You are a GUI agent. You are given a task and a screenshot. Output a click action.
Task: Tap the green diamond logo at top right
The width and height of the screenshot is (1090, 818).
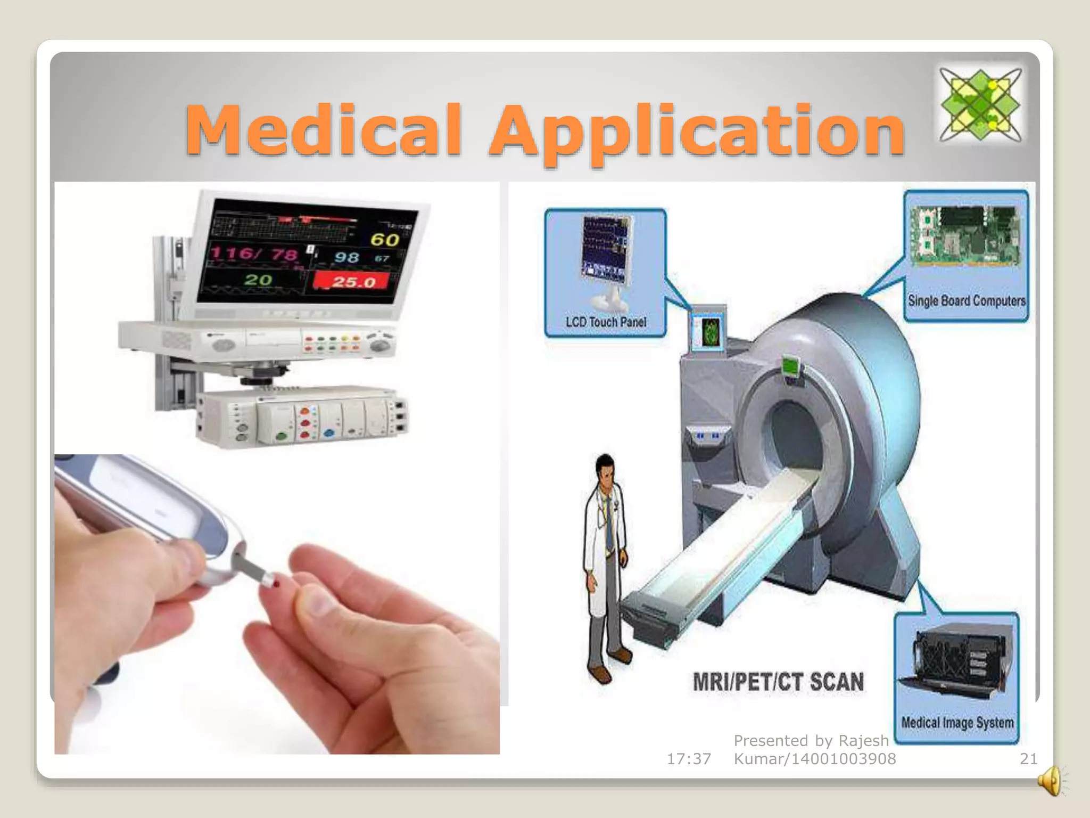(980, 104)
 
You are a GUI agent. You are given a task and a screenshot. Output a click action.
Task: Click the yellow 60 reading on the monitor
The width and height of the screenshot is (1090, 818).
(385, 240)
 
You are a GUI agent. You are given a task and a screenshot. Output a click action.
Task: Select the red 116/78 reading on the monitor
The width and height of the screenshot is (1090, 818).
(254, 252)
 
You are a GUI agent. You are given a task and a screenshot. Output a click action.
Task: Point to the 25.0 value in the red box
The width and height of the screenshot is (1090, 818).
(353, 282)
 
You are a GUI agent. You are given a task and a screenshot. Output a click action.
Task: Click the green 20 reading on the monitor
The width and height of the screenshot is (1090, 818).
(258, 280)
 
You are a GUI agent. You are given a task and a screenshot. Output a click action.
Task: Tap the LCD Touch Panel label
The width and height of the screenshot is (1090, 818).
(606, 322)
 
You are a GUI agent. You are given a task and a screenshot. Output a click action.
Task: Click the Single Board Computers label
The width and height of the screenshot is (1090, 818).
(966, 301)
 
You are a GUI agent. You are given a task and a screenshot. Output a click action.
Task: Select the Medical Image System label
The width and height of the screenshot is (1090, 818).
(957, 723)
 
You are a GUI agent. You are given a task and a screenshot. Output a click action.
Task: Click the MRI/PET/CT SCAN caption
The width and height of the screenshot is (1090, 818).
(778, 682)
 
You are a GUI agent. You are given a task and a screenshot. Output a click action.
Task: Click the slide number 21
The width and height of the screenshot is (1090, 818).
(1028, 759)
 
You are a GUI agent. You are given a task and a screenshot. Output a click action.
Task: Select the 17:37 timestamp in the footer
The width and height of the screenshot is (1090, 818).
(689, 759)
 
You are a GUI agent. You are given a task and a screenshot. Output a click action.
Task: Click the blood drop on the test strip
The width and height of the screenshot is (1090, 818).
(276, 585)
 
